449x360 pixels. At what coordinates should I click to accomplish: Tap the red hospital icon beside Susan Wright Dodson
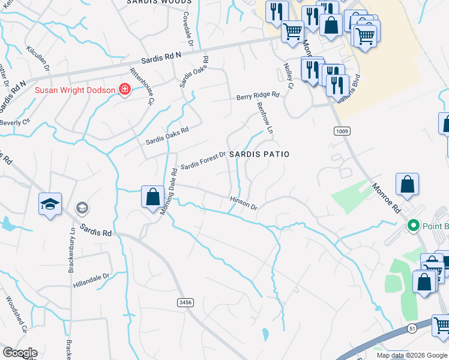click(x=125, y=90)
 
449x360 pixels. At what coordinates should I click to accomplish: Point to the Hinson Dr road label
click(x=244, y=203)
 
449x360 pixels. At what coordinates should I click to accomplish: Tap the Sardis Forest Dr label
click(x=203, y=160)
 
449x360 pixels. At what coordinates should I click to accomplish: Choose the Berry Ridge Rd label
click(x=258, y=95)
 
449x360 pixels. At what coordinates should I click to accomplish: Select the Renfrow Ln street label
click(x=265, y=117)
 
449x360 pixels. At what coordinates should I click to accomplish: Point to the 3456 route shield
click(x=185, y=304)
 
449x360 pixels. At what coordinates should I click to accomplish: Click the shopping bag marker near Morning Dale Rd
click(x=152, y=196)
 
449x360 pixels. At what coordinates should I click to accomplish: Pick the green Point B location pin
click(x=413, y=226)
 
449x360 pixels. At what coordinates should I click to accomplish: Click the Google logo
click(x=20, y=353)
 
